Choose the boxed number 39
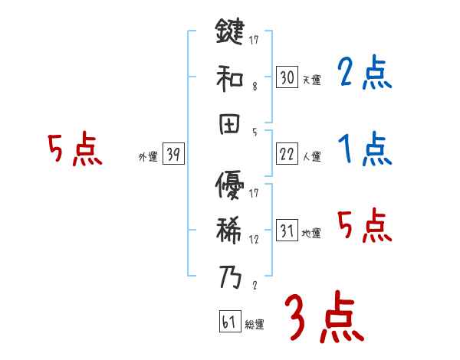173,155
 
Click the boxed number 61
228,322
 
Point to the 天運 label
311,80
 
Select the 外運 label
147,157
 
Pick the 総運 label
255,325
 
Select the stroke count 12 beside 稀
253,238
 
